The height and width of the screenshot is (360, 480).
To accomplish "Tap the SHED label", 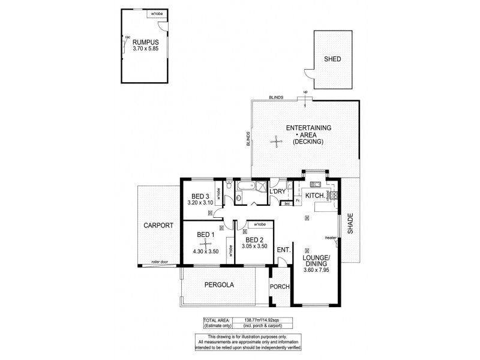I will coord(334,59).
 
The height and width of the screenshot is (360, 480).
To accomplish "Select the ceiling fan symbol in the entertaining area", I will coord(277,142).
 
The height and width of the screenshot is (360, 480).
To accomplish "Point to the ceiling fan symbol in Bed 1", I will coord(205,243).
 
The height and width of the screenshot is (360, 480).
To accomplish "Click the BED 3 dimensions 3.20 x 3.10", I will coord(200,203).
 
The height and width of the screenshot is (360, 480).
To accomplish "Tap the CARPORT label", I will coord(158,226).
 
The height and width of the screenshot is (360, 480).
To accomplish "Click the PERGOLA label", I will coord(218,285).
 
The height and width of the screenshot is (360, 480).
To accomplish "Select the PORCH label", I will coord(280,286).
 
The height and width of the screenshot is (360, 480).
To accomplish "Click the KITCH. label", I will coord(315,196).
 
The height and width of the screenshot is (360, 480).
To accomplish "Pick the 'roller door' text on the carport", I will coord(160,262).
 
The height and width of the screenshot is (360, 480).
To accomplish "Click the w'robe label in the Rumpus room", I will coord(141,12).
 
